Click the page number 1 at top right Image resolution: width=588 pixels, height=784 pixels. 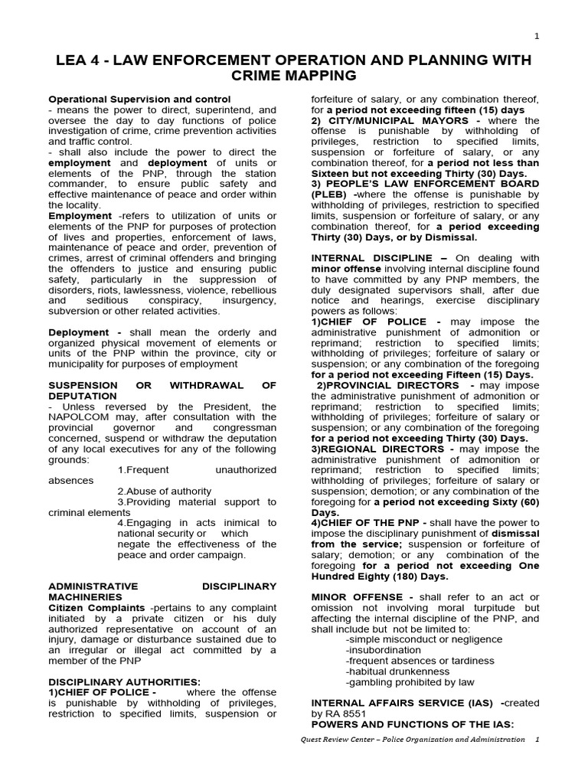pos(537,35)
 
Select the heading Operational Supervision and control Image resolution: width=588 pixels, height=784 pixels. pos(139,100)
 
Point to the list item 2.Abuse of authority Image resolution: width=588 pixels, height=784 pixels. pos(165,491)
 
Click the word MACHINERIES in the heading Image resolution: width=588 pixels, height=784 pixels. pos(85,596)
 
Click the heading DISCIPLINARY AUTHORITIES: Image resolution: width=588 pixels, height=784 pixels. pos(124,681)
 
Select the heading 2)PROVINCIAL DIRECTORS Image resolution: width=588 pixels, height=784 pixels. pos(390,385)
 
